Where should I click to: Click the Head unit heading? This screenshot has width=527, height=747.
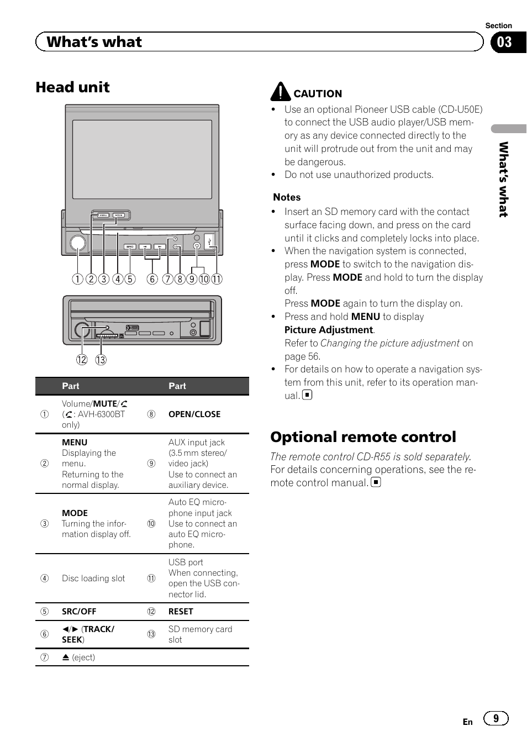click(72, 87)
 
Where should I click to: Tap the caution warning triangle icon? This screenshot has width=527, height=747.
click(281, 92)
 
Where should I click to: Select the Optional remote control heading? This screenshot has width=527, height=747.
click(363, 437)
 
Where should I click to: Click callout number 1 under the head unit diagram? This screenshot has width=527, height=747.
click(77, 279)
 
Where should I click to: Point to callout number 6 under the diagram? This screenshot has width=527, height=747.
click(152, 279)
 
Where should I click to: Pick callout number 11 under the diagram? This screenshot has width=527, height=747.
click(217, 279)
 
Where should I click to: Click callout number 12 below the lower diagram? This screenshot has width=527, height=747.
click(82, 360)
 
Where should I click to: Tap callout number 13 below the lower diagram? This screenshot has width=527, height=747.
click(101, 360)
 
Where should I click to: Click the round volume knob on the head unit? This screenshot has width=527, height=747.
click(78, 243)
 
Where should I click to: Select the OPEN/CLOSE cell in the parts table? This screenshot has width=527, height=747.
click(194, 414)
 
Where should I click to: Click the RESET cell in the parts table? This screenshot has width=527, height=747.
click(181, 612)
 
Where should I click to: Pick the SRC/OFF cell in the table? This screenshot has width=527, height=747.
click(79, 612)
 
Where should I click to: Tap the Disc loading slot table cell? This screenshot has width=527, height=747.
click(93, 578)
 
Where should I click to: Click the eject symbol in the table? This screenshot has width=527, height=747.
click(66, 657)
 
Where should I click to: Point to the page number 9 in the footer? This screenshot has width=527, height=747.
click(496, 718)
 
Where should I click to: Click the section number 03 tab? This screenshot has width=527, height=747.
click(504, 43)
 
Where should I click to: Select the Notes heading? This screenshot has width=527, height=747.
click(287, 197)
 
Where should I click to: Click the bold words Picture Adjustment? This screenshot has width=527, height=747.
click(329, 330)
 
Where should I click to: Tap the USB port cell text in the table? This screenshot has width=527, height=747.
click(186, 562)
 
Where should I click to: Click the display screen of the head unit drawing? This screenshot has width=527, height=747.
click(142, 159)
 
